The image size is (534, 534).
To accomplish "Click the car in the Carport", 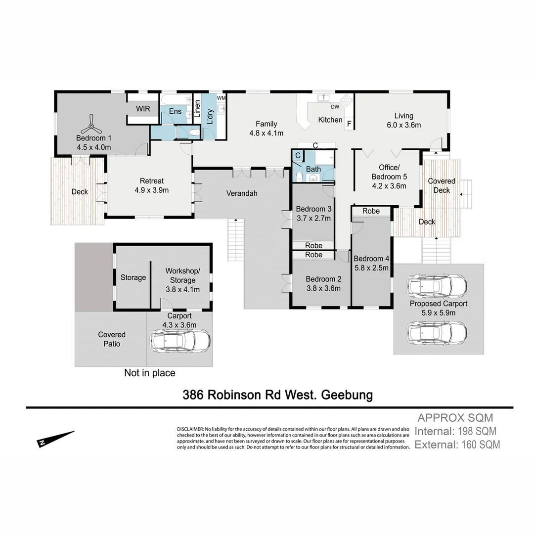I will (180, 341).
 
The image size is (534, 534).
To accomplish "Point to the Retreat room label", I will (151, 180).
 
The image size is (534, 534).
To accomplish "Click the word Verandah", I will (242, 193).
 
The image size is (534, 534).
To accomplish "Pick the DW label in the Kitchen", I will (335, 106).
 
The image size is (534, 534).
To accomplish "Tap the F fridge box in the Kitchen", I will (349, 124).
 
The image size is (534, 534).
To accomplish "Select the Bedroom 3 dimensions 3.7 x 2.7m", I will (313, 218).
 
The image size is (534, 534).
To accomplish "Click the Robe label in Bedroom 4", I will (371, 211).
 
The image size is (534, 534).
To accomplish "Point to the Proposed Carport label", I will (438, 304).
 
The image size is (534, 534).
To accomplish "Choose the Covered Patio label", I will (112, 339).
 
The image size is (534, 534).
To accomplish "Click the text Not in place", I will (149, 373).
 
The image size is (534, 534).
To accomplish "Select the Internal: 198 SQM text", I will (455, 431).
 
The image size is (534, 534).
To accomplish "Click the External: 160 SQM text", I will (457, 445).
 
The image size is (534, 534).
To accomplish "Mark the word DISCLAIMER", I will (190, 428).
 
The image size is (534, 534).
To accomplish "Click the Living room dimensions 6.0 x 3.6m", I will (403, 125).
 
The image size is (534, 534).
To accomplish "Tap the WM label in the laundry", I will (221, 98).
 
